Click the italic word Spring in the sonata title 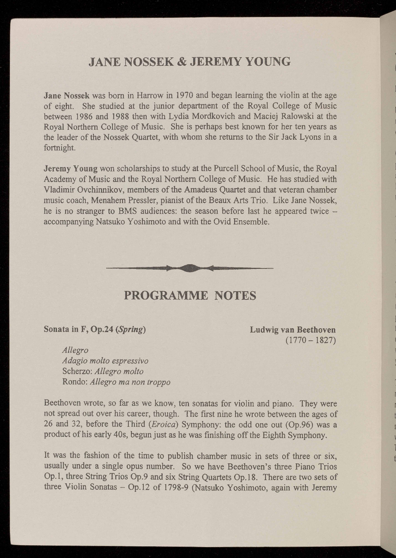pyautogui.click(x=130, y=329)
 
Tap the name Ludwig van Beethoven pyautogui.click(x=292, y=329)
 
